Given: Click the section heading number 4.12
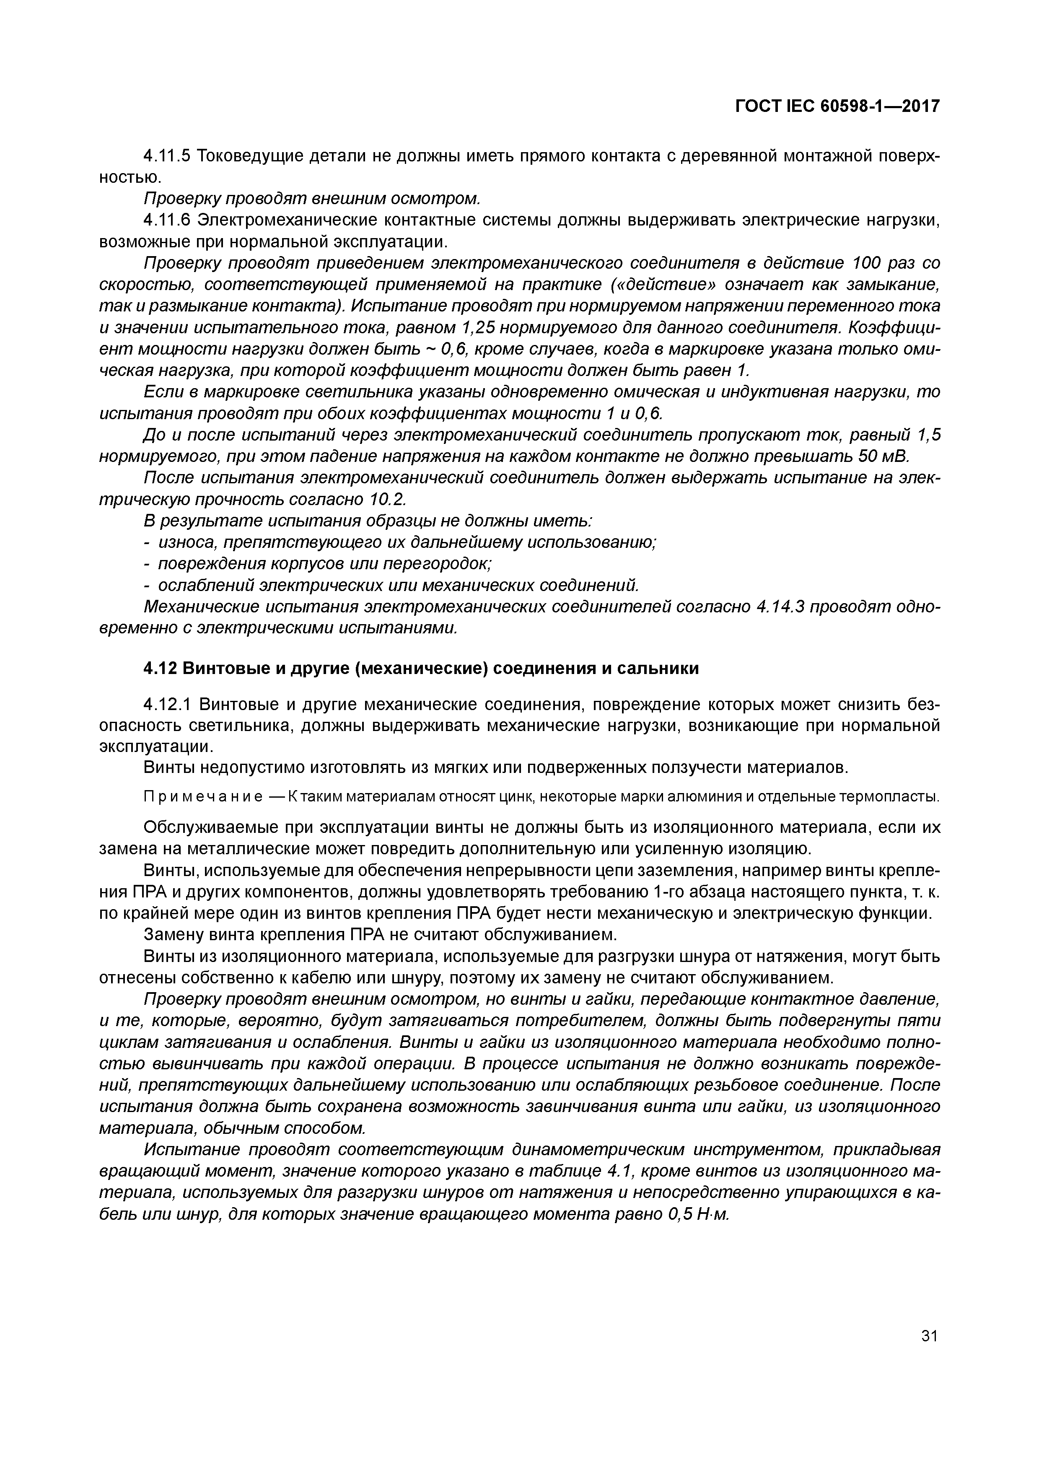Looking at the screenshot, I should click(x=160, y=669).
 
